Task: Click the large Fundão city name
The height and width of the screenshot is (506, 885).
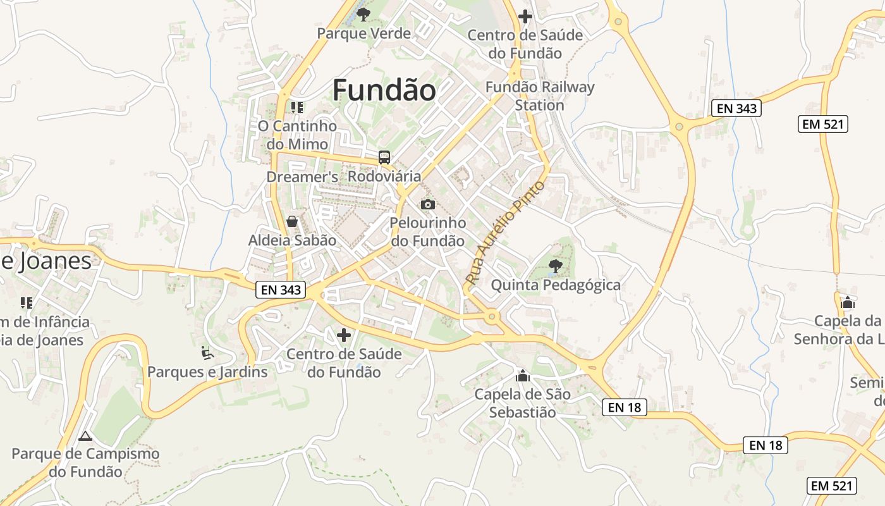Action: click(x=384, y=90)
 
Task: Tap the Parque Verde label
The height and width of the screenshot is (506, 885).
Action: click(x=363, y=34)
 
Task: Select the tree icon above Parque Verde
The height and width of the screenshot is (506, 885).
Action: click(x=363, y=14)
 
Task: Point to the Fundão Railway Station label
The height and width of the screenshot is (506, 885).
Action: click(x=539, y=96)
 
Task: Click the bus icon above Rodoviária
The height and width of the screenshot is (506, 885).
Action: click(x=384, y=157)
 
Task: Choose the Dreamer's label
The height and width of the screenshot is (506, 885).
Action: click(x=302, y=177)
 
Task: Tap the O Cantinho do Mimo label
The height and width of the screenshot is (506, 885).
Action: click(x=297, y=135)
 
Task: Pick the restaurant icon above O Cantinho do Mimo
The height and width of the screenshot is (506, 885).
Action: click(x=297, y=108)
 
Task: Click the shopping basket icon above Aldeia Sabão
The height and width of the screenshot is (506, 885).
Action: click(x=292, y=221)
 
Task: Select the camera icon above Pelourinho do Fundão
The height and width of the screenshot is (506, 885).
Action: click(x=428, y=204)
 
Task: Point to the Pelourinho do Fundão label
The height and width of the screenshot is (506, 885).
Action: click(x=428, y=231)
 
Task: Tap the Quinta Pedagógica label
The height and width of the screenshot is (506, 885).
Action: click(x=556, y=285)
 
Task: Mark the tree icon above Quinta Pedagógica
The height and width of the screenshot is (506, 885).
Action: click(x=555, y=266)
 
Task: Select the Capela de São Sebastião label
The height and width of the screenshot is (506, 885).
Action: click(x=522, y=404)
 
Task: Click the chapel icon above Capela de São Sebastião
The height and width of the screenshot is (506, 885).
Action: click(x=522, y=376)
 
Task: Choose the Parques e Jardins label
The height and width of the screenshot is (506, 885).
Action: click(x=207, y=372)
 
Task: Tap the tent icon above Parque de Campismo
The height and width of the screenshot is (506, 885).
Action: click(x=85, y=436)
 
